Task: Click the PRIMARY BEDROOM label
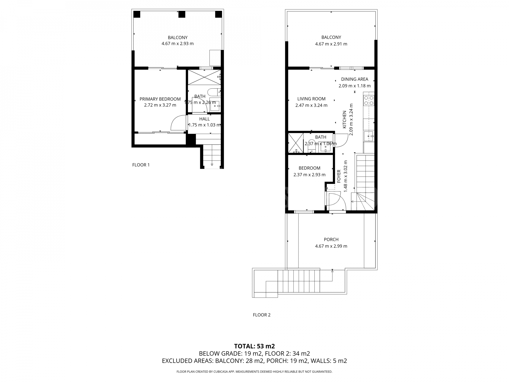click(160, 99)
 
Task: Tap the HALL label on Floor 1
click(204, 119)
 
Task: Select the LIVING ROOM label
click(311, 99)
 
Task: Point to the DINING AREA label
click(354, 79)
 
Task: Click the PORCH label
click(331, 239)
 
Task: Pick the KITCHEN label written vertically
click(344, 119)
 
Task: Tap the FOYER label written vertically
click(339, 176)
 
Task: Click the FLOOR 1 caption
click(141, 165)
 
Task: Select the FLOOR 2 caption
click(261, 315)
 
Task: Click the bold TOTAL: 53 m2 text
click(254, 346)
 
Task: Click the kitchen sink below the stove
click(368, 136)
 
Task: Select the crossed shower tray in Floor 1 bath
click(204, 77)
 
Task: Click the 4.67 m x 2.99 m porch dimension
click(331, 246)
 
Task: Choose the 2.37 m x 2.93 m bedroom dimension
click(309, 175)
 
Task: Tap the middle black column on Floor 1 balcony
click(182, 14)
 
